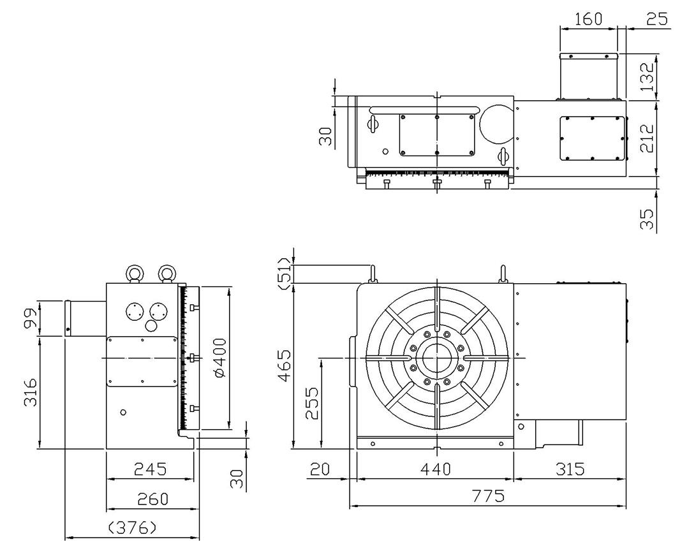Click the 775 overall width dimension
coord(488,496)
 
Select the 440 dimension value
coord(436,469)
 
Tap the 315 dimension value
coord(570,469)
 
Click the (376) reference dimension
coord(132,527)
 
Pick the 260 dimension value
coord(152,499)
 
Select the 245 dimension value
coord(151,469)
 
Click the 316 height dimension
coord(31,392)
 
